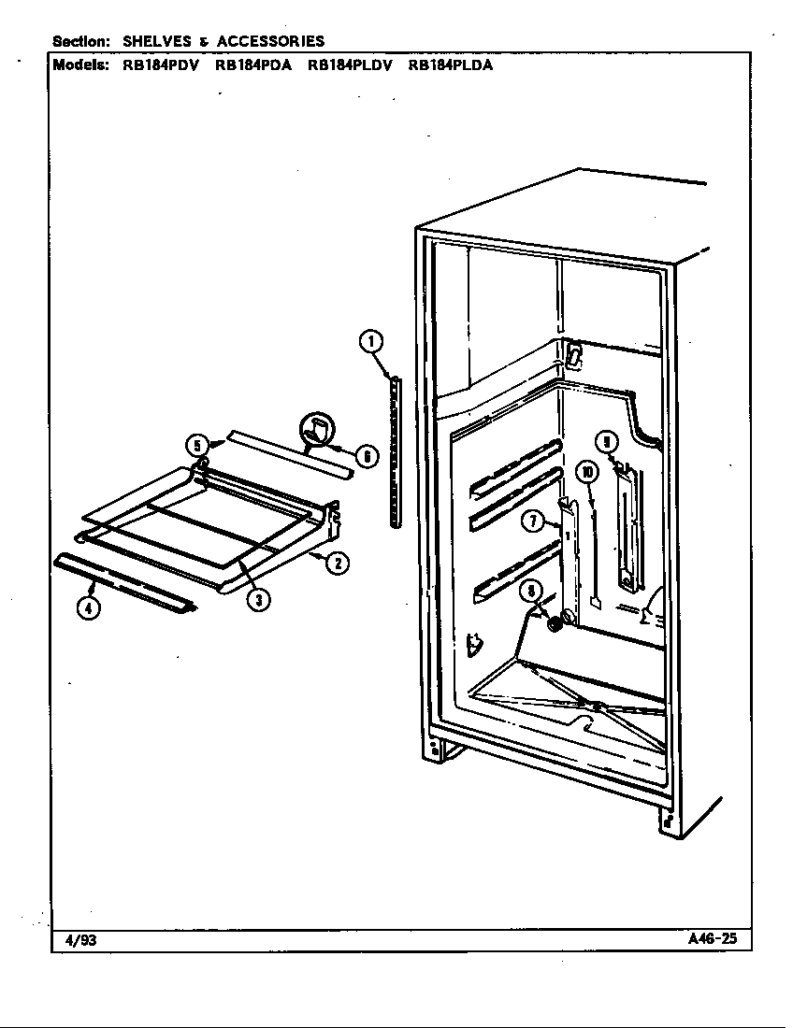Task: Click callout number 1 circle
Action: pyautogui.click(x=371, y=341)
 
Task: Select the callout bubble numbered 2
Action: pyautogui.click(x=338, y=564)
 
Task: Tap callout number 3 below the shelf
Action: pyautogui.click(x=259, y=599)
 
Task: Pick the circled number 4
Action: pyautogui.click(x=89, y=608)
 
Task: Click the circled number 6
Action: pyautogui.click(x=368, y=455)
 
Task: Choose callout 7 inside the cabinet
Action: pyautogui.click(x=533, y=521)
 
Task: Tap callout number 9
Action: pyautogui.click(x=608, y=443)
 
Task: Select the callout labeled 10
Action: pyautogui.click(x=587, y=471)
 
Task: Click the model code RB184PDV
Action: pyautogui.click(x=161, y=64)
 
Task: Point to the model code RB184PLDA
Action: pyautogui.click(x=451, y=64)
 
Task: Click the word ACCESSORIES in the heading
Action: pyautogui.click(x=271, y=41)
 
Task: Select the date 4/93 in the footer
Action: pyautogui.click(x=80, y=940)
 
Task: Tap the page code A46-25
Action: pyautogui.click(x=712, y=938)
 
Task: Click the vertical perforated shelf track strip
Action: pyautogui.click(x=395, y=452)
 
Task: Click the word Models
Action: pyautogui.click(x=80, y=64)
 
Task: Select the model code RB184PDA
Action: pyautogui.click(x=253, y=64)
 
